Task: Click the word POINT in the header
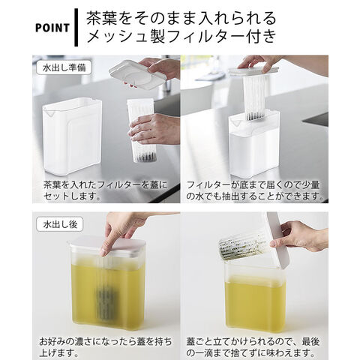tap(52, 28)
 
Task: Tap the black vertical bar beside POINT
tap(76, 28)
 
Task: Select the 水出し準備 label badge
tap(64, 68)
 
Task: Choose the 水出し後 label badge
tap(60, 224)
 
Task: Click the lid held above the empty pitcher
tap(137, 74)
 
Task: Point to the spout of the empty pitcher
tap(49, 113)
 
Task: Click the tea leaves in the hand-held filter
tap(145, 157)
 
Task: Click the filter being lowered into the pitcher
tap(255, 97)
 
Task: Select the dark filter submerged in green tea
tap(106, 304)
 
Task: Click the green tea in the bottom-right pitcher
tap(255, 302)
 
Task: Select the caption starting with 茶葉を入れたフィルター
tap(105, 190)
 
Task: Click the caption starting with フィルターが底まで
tap(255, 190)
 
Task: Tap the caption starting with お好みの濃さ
tap(105, 347)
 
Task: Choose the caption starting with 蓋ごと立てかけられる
tap(253, 347)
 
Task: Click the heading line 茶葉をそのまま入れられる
tap(181, 18)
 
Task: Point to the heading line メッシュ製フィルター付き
tap(181, 37)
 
